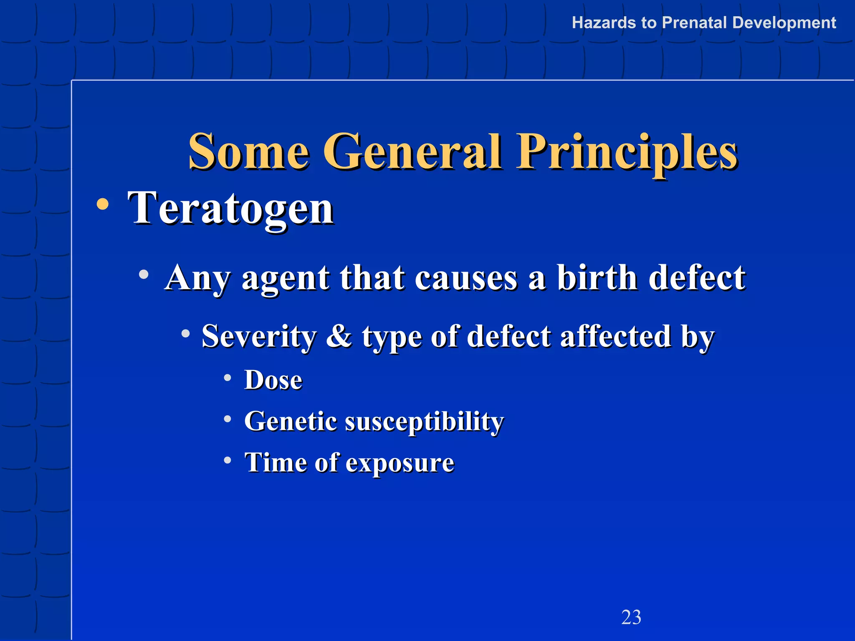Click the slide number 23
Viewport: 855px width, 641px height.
click(x=631, y=617)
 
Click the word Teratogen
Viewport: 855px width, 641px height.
click(x=230, y=208)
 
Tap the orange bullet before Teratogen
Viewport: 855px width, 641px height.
click(x=102, y=204)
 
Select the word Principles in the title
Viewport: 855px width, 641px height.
click(x=627, y=151)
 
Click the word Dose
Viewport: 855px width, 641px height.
click(x=273, y=380)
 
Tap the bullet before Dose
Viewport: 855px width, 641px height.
click(x=227, y=378)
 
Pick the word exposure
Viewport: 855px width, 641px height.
click(x=400, y=463)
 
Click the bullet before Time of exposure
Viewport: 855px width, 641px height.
click(x=227, y=460)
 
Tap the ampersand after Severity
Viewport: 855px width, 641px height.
click(x=339, y=336)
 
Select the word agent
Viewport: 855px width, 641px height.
click(x=286, y=279)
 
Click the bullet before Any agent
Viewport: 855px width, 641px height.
click(x=144, y=274)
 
